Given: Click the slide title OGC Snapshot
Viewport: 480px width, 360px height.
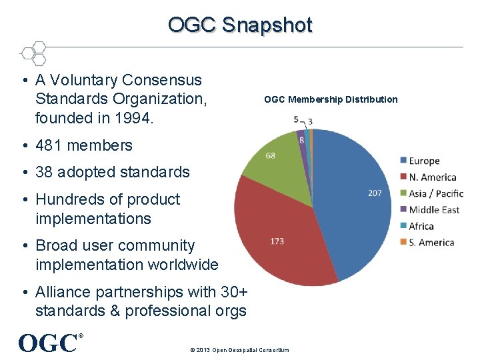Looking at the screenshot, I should point(240,25).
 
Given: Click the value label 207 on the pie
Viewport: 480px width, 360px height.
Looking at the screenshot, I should point(375,193).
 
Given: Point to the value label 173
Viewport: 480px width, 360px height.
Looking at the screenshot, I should point(277,241).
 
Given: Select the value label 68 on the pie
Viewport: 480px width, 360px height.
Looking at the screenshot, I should point(269,156).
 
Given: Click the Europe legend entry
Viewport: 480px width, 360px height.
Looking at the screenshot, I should point(424,161).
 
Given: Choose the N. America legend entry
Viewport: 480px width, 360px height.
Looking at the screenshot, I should point(432,177).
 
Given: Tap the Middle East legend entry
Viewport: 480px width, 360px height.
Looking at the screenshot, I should point(433,210).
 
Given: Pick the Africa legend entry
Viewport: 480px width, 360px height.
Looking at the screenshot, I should point(421,226).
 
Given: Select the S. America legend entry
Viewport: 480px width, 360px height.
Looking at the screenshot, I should point(431,243).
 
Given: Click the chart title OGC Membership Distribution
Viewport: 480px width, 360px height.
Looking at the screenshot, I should point(331,99).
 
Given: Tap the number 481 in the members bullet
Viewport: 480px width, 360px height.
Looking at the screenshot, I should point(50,145).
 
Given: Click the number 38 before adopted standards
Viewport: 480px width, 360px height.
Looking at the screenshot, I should point(44,172).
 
